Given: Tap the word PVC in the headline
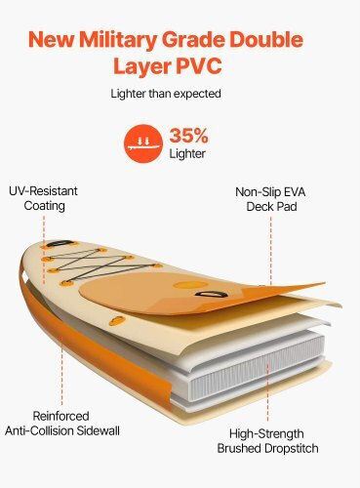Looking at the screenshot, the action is click(x=199, y=66).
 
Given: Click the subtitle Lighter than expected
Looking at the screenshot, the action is click(x=166, y=94).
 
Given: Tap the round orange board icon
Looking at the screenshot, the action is click(x=143, y=143).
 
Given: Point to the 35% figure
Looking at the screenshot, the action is click(x=188, y=136).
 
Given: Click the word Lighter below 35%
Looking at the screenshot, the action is click(x=187, y=154).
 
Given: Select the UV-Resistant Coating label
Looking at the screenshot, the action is click(x=44, y=198).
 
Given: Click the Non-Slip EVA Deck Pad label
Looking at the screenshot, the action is click(x=270, y=199).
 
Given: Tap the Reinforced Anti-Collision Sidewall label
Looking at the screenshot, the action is click(x=62, y=424).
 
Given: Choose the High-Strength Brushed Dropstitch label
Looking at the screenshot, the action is click(x=267, y=441).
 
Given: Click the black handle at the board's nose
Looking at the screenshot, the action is click(x=59, y=244).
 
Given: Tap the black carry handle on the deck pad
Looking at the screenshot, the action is click(x=212, y=295).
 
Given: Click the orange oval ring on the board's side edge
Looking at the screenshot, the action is click(x=116, y=321).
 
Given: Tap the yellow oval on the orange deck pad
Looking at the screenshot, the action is click(x=190, y=285).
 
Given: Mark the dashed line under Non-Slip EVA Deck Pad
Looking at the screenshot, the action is click(x=271, y=251).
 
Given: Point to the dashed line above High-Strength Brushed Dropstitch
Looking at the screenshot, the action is click(x=268, y=392).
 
